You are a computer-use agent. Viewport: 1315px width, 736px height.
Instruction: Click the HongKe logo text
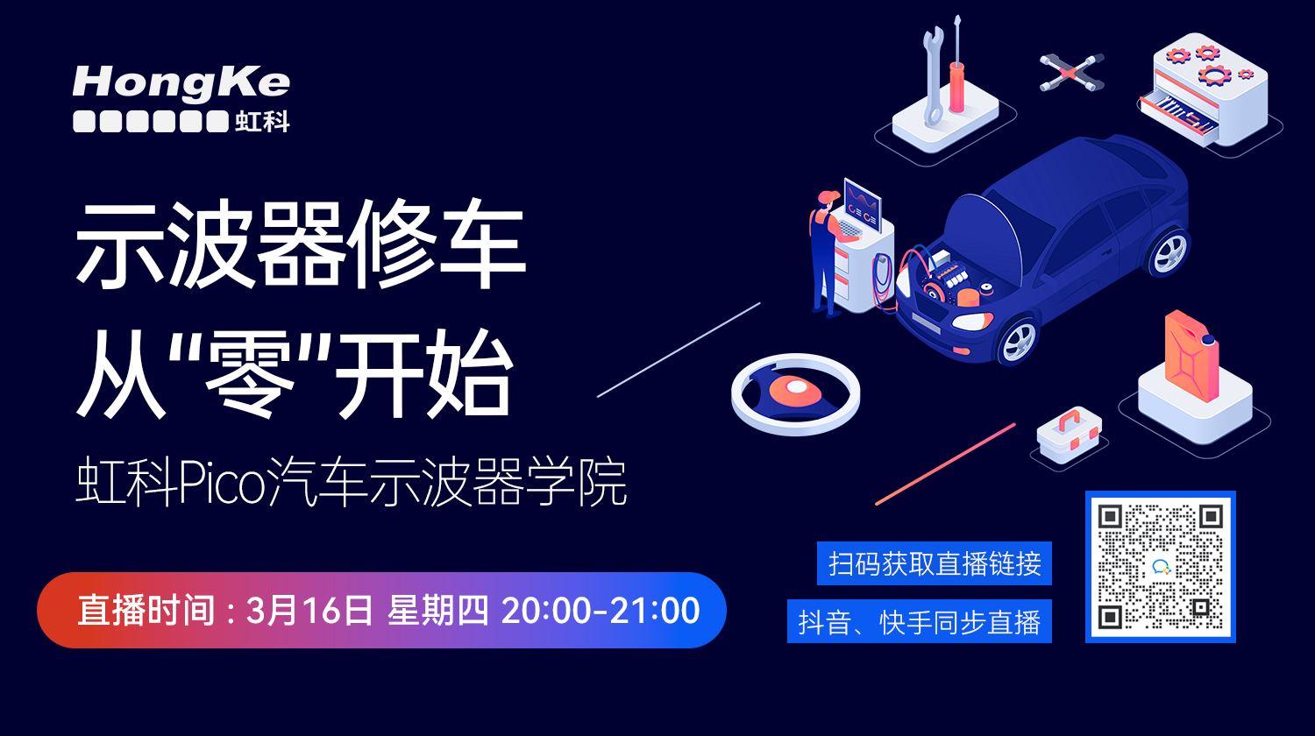(181, 83)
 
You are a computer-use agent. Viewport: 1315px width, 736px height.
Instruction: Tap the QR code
(1161, 566)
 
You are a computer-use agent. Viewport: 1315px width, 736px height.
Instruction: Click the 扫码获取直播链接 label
(935, 563)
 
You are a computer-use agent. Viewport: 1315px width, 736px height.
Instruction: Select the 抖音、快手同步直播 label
(920, 621)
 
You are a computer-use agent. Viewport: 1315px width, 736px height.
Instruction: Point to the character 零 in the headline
(248, 374)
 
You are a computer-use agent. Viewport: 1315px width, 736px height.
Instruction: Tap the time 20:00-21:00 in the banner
(600, 611)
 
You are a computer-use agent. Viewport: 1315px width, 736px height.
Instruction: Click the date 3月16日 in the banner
(309, 611)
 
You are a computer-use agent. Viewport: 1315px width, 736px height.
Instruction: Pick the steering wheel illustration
(795, 394)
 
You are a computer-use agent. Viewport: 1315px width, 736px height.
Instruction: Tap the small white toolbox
(1069, 435)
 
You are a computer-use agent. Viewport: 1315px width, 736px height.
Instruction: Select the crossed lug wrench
(1071, 72)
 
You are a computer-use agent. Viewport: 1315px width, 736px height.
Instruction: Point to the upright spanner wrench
(932, 76)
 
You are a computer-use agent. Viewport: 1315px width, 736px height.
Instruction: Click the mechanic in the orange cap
(827, 253)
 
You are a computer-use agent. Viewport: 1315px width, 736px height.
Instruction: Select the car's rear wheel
(1169, 252)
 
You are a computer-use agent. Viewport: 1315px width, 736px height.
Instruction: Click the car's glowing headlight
(971, 321)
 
